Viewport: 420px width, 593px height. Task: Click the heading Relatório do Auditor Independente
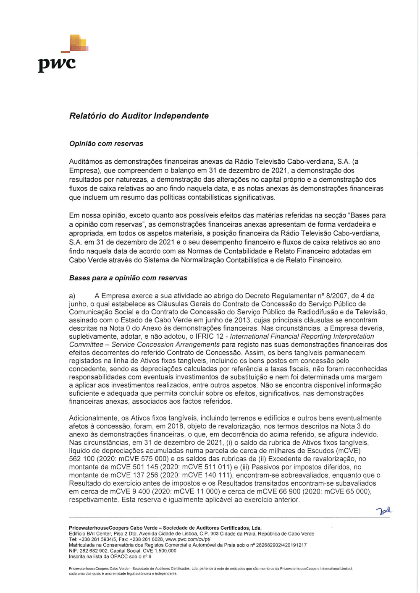click(139, 116)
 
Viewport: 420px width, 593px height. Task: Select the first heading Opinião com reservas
click(106, 144)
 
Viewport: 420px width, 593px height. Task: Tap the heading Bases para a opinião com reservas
click(128, 278)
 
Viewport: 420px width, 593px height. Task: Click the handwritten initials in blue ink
click(384, 511)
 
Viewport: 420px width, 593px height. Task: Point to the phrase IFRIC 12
click(212, 336)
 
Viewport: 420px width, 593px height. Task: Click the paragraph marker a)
click(72, 296)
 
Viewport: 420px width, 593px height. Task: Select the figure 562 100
click(82, 459)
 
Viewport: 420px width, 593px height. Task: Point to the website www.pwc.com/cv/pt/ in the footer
click(187, 539)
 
